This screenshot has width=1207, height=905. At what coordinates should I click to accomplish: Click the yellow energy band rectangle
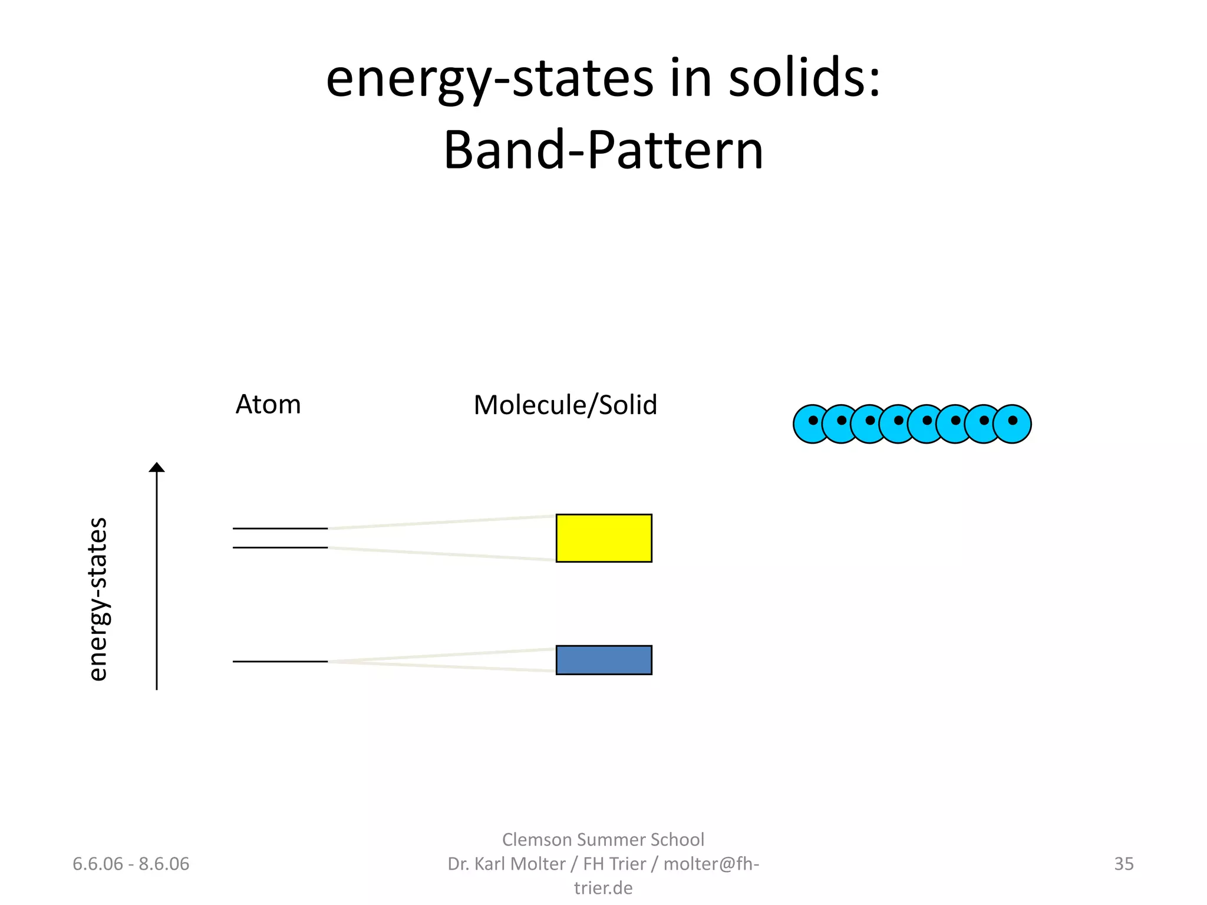tap(603, 538)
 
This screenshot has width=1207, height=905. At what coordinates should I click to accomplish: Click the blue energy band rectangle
tap(603, 660)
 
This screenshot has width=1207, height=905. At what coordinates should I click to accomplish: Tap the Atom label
tap(268, 405)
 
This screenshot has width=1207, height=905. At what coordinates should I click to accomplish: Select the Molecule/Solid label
tap(565, 405)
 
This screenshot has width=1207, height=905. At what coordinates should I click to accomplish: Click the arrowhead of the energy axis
tap(157, 468)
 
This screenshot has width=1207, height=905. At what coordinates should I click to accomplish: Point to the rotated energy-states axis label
tap(98, 599)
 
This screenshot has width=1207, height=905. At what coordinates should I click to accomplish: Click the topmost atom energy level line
tap(280, 529)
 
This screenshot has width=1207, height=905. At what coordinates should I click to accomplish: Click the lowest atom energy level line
tap(280, 662)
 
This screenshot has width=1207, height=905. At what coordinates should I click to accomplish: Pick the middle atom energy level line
tap(280, 548)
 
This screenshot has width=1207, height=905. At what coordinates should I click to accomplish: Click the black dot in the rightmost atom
tap(1013, 420)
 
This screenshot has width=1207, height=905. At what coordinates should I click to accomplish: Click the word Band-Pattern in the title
tap(603, 150)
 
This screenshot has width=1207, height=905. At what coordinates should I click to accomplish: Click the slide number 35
tap(1123, 864)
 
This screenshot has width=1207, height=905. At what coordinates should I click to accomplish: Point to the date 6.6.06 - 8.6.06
tap(131, 864)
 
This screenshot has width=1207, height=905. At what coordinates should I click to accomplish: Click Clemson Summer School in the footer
tap(603, 840)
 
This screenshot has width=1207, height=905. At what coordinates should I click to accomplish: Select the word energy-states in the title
tap(489, 80)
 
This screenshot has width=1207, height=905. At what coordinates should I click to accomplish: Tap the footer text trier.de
tap(603, 888)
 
